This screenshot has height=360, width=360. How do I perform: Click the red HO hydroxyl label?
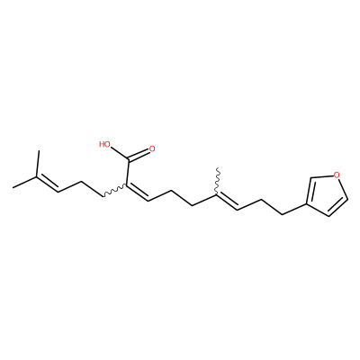pyautogui.click(x=104, y=145)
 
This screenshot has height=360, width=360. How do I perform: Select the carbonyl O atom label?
pyautogui.click(x=152, y=148)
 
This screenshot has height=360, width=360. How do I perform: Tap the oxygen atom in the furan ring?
pyautogui.click(x=337, y=175)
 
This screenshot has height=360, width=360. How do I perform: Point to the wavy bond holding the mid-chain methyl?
pyautogui.click(x=217, y=181)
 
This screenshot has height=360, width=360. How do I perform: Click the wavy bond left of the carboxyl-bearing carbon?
pyautogui.click(x=115, y=192)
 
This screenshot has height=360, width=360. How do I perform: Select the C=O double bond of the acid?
pyautogui.click(x=139, y=155)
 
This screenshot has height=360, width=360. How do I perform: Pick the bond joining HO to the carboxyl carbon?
pyautogui.click(x=120, y=153)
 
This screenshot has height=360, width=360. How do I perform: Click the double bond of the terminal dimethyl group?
pyautogui.click(x=47, y=184)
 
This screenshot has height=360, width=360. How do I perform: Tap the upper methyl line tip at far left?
pyautogui.click(x=39, y=151)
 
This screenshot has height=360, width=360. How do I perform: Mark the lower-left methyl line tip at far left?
pyautogui.click(x=13, y=188)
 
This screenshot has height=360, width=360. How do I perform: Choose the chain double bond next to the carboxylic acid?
pyautogui.click(x=138, y=193)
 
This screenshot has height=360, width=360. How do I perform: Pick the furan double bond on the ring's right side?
pyautogui.click(x=338, y=207)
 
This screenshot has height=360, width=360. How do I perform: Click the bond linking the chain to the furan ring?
pyautogui.click(x=294, y=210)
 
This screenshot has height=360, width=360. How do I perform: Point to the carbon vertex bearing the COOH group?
pyautogui.click(x=127, y=185)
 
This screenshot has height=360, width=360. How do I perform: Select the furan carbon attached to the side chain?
pyautogui.click(x=307, y=204)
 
